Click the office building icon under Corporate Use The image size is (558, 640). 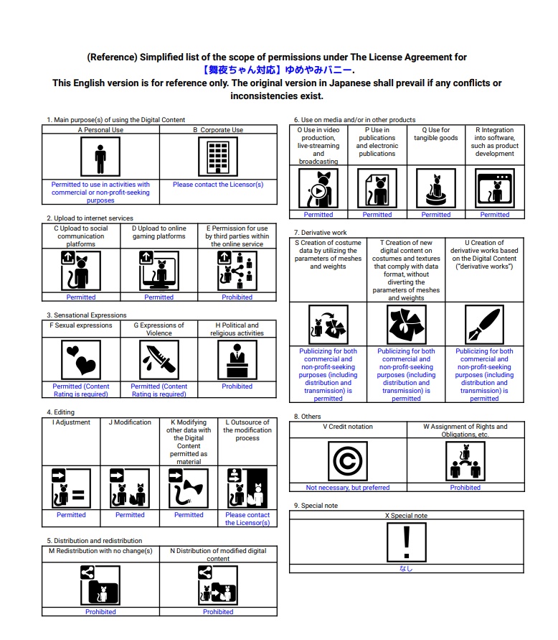point(218,156)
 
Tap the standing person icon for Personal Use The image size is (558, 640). point(100,156)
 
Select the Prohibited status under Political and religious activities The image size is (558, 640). point(237,386)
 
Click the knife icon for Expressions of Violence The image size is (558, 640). point(159,358)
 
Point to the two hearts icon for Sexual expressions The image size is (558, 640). point(80,358)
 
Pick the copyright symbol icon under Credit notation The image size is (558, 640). point(347,460)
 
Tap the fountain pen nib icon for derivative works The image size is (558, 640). point(484,325)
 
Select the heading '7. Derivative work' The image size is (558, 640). point(320,233)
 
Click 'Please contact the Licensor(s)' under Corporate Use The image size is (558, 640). point(218,185)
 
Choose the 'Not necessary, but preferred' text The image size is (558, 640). point(348,488)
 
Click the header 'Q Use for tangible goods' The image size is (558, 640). point(435,134)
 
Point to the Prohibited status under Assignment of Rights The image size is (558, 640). point(465,488)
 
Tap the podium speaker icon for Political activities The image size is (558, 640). point(237,358)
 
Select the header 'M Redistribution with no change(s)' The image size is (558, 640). point(100,551)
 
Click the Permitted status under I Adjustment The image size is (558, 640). point(71,515)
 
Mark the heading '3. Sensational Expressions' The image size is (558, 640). point(86,315)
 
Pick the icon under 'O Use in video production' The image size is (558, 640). point(318,188)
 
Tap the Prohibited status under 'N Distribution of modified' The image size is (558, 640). point(218,612)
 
